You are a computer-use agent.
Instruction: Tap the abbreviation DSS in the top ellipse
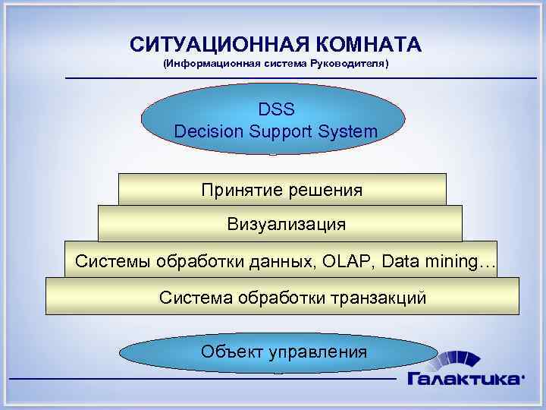click(x=275, y=111)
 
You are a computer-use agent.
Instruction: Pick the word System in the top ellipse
click(x=350, y=131)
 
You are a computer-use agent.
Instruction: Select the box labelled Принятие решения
click(x=282, y=190)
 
